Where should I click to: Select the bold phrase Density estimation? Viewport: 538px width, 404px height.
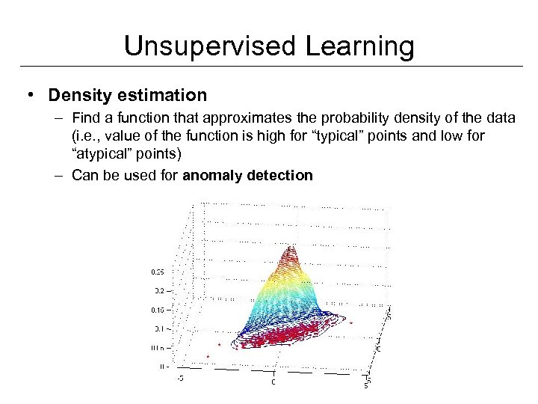(x=127, y=95)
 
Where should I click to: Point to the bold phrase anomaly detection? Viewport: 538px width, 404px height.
(x=247, y=175)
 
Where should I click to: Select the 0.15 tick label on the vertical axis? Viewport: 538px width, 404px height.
(x=158, y=309)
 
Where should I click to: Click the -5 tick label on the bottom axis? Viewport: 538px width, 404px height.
(x=179, y=378)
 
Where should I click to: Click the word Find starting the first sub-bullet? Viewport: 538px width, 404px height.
(x=86, y=118)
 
